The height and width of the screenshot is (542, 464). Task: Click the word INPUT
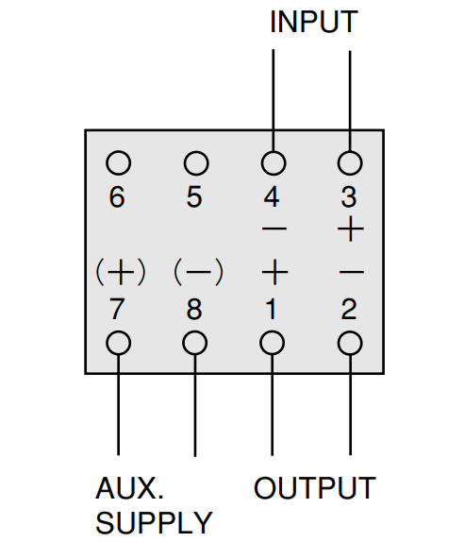click(313, 22)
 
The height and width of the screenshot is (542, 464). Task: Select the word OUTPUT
click(315, 488)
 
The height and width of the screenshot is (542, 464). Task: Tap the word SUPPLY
click(154, 523)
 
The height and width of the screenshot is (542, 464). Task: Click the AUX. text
click(129, 488)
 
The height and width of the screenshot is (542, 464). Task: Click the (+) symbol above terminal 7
click(121, 272)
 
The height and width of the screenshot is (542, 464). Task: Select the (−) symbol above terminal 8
click(198, 272)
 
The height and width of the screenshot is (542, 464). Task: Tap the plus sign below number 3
click(351, 229)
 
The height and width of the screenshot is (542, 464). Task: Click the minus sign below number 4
click(274, 229)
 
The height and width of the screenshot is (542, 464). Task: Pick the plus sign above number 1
click(274, 272)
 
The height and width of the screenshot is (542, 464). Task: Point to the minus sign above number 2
click(352, 272)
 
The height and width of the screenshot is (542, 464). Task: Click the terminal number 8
click(194, 309)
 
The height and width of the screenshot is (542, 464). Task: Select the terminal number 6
click(117, 197)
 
